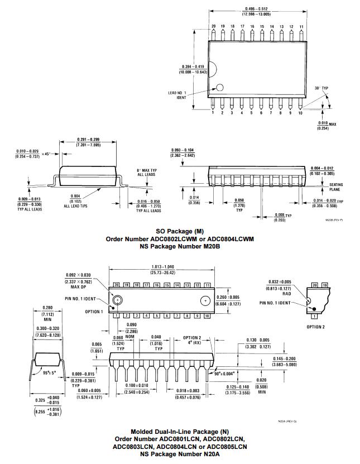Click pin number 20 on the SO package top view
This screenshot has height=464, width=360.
(x=213, y=26)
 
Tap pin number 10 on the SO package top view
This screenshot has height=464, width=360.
(x=300, y=113)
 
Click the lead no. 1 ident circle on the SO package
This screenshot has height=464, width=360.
(x=220, y=88)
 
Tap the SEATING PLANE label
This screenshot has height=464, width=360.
(x=336, y=186)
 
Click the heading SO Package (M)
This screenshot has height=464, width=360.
(x=180, y=231)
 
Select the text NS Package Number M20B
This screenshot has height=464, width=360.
(x=180, y=246)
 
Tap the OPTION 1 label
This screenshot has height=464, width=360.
(x=94, y=312)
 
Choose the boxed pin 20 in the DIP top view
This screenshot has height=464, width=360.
(x=116, y=285)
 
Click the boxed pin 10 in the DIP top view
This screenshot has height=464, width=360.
(x=207, y=316)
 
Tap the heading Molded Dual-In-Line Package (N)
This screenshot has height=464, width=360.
(x=180, y=432)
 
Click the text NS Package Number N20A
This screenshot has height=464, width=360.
(x=180, y=454)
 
